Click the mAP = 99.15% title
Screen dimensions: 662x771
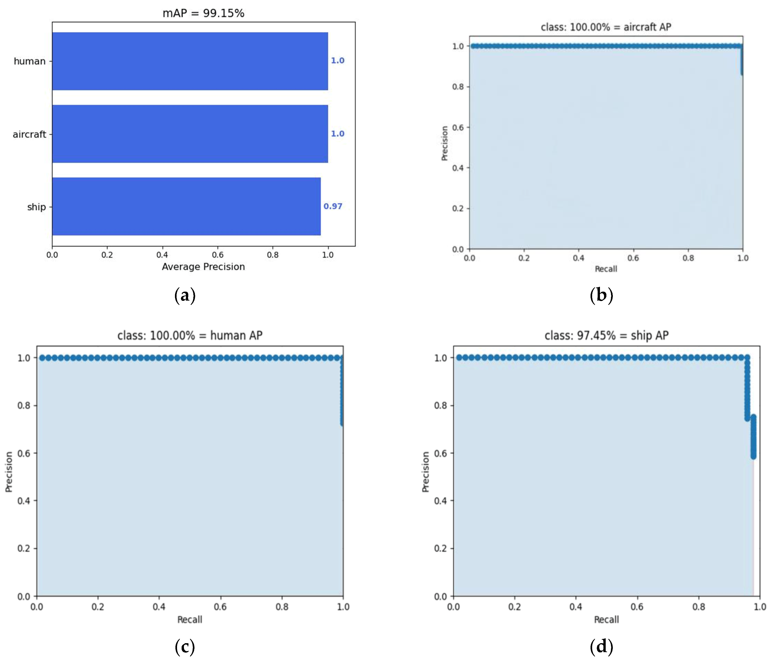203,13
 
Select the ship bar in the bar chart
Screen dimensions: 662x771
186,207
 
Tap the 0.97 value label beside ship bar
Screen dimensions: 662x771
333,207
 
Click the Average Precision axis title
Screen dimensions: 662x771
203,267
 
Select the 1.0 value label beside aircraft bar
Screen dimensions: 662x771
338,134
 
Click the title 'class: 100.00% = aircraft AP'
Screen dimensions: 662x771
606,27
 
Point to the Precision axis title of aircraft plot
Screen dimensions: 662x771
444,143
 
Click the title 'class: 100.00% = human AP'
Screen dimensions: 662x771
190,335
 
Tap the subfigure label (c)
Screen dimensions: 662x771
185,647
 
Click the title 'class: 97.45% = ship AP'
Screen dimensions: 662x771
607,335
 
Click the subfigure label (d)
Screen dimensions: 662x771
601,647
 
